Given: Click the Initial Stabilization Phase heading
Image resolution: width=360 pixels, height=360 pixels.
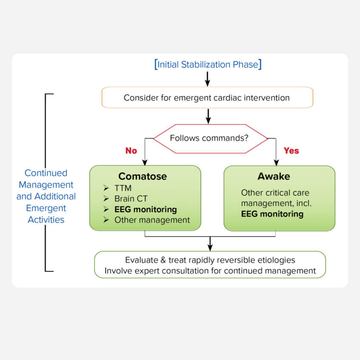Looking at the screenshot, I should tap(208, 65).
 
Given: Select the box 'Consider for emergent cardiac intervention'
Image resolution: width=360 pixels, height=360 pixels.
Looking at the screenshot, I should tap(207, 98).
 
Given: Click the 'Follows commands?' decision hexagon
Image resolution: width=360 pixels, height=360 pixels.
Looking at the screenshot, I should tap(209, 138).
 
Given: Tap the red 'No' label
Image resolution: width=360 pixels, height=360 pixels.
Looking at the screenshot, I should tap(131, 151).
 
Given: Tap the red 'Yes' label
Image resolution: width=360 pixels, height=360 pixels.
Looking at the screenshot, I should tap(291, 151).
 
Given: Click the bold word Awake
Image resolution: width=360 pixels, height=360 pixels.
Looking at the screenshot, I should tap(273, 176).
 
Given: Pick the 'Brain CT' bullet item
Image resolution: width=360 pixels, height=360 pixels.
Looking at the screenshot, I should tap(131, 199).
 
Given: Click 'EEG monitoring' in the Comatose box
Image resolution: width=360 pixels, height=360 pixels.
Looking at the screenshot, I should tap(145, 209).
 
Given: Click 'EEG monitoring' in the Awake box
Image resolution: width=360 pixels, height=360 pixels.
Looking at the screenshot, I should tap(272, 214).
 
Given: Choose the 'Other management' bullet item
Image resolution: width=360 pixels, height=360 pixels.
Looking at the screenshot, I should tap(152, 220).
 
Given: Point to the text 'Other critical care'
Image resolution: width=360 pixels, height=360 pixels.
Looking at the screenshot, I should tap(275, 193).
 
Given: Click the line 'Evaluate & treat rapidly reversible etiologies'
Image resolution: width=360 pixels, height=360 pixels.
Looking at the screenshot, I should tap(210, 260).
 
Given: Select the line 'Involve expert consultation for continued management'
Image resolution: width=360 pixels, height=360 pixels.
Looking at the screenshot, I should tap(210, 271).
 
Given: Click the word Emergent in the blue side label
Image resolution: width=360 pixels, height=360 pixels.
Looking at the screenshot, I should tap(46, 208).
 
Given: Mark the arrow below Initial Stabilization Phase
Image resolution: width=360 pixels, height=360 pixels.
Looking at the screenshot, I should tap(208, 79).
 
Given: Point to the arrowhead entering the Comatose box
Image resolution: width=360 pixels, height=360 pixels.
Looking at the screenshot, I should tap(145, 162).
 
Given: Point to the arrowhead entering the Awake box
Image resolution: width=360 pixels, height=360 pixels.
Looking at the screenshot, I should tap(276, 162).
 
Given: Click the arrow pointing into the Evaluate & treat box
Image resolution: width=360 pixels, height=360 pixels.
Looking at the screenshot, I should tap(210, 245).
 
